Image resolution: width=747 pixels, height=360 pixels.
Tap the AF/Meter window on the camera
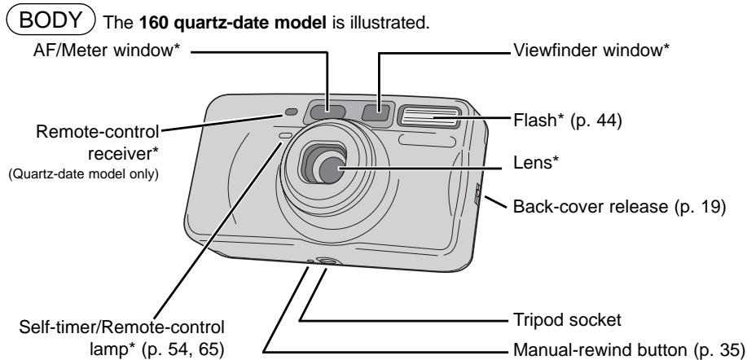(x=327, y=112)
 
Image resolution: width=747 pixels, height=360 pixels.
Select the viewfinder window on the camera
(x=377, y=112)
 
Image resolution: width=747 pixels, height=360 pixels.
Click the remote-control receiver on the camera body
(x=291, y=112)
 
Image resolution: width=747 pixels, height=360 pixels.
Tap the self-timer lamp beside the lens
(x=285, y=137)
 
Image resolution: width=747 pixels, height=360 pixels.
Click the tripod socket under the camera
(x=326, y=261)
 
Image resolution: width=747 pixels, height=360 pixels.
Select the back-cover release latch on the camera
(x=478, y=195)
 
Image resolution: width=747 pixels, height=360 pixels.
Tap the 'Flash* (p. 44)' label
(x=568, y=121)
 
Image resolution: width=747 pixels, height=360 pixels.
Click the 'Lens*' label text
(x=535, y=163)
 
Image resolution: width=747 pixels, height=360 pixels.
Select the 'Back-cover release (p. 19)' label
(x=619, y=207)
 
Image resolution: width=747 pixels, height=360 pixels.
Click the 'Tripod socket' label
(x=567, y=319)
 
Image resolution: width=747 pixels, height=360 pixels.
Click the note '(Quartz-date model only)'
(x=83, y=174)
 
